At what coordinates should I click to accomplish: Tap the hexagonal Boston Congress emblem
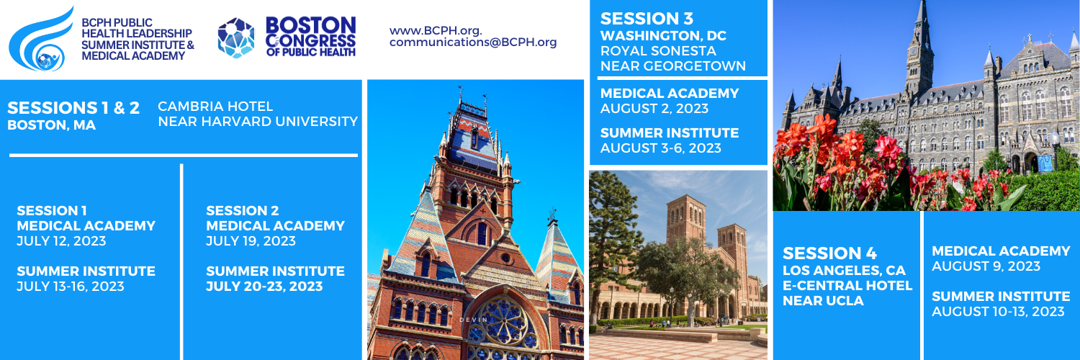click(x=235, y=38)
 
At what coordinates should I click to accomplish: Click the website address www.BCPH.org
click(x=436, y=30)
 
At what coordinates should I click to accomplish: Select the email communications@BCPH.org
click(x=473, y=42)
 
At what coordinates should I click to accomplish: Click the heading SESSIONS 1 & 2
click(x=73, y=107)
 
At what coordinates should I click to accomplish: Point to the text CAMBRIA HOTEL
click(x=215, y=106)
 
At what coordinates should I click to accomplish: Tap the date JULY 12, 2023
click(x=61, y=241)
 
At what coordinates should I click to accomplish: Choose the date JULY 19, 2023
click(x=251, y=241)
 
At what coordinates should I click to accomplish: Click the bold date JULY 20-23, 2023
click(x=264, y=287)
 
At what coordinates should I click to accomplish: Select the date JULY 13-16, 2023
click(x=71, y=287)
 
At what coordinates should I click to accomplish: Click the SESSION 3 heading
click(x=647, y=19)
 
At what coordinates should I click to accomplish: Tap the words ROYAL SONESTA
click(x=658, y=50)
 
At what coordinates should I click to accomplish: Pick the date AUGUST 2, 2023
click(x=654, y=109)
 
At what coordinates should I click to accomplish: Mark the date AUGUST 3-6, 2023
click(x=660, y=148)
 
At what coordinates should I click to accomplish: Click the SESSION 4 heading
click(x=829, y=253)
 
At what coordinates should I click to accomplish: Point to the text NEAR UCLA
click(x=823, y=301)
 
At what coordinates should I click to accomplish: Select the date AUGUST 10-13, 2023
click(x=998, y=311)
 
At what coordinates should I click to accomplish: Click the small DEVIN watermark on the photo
click(x=474, y=320)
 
